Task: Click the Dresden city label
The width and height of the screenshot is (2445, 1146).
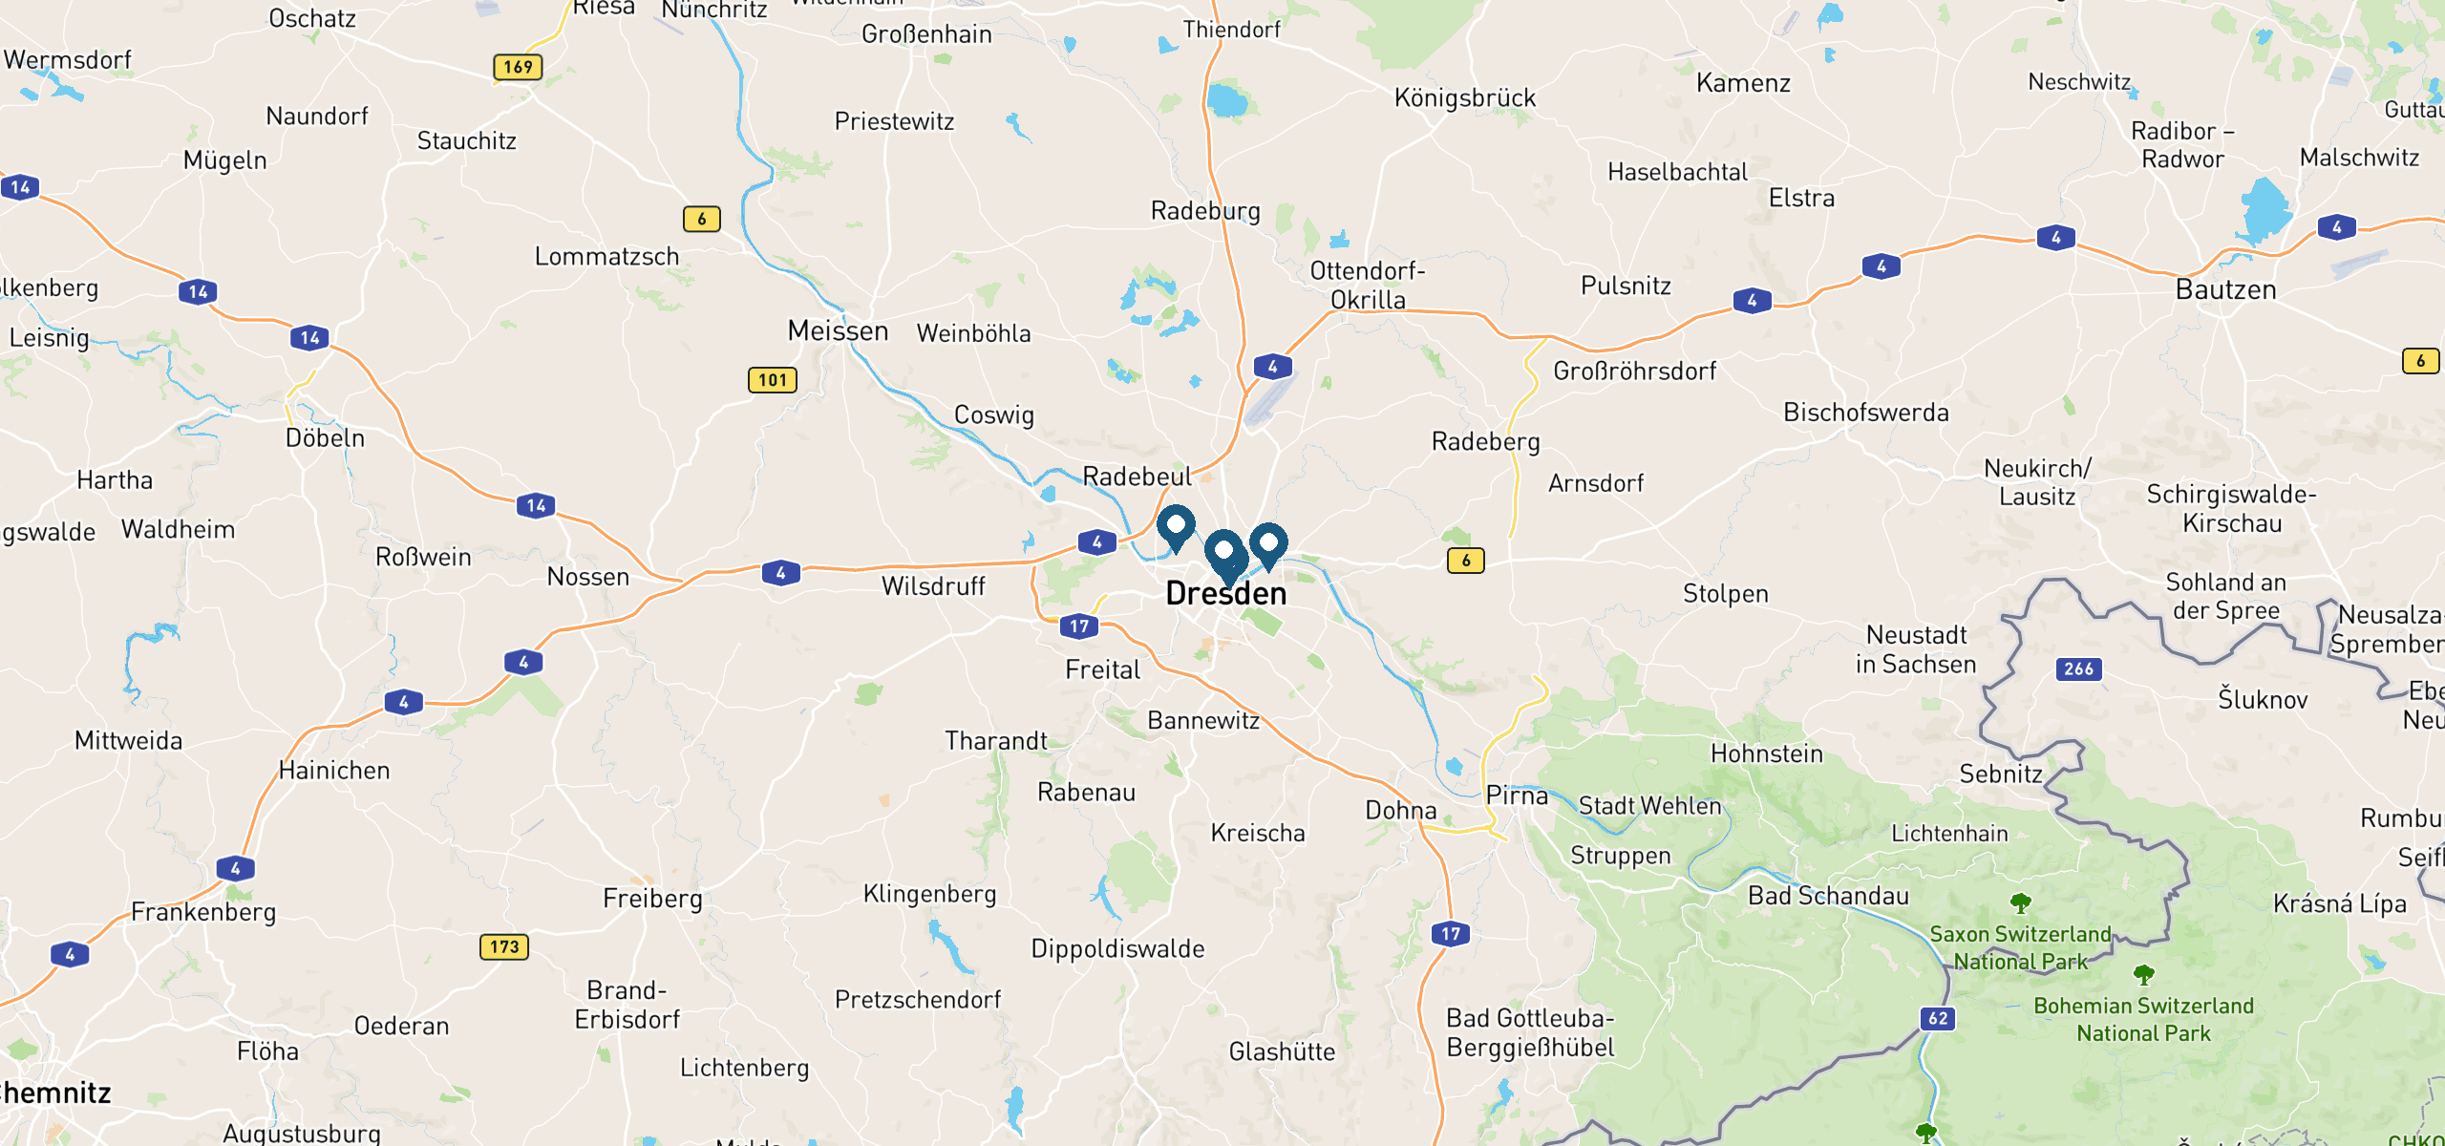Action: [x=1226, y=594]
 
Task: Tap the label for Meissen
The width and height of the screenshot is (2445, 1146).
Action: [x=838, y=331]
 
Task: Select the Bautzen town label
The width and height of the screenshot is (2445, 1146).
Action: [x=2225, y=290]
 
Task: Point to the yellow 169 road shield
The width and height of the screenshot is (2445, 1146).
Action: [x=518, y=67]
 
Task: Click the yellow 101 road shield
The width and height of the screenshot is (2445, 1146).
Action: [x=772, y=380]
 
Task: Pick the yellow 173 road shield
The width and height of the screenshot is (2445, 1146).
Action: [x=503, y=946]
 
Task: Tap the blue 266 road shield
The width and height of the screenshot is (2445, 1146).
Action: [x=2078, y=668]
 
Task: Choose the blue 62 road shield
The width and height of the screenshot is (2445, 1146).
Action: [x=1938, y=1018]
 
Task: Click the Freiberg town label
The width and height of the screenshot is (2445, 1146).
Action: [x=652, y=899]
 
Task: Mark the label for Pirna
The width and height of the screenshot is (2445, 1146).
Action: [x=1517, y=796]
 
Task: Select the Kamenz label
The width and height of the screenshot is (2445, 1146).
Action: [x=1743, y=84]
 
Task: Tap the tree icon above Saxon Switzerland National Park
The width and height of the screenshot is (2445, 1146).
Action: [x=2020, y=902]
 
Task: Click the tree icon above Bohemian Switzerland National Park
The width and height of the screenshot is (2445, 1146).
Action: [x=2143, y=974]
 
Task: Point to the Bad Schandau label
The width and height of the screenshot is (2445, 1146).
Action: [x=1828, y=896]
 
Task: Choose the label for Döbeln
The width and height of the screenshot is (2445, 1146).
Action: [x=325, y=438]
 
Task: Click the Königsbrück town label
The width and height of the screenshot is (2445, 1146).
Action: [x=1465, y=98]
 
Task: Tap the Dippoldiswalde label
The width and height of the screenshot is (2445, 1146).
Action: [x=1117, y=949]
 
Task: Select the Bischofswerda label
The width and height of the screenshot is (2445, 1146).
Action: [x=1865, y=413]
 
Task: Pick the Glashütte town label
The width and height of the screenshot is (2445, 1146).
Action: [x=1282, y=1052]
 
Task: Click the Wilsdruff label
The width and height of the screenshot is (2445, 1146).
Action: [x=933, y=586]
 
